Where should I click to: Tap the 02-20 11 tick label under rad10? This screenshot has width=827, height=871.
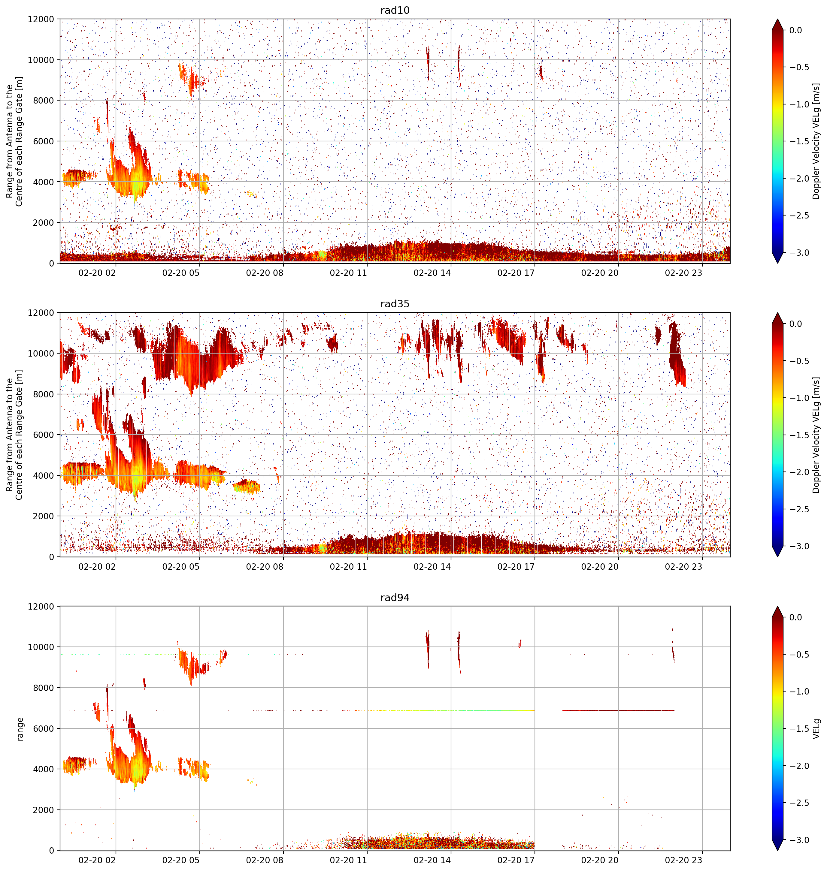pyautogui.click(x=348, y=273)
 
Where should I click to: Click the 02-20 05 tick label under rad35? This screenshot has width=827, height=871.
pyautogui.click(x=181, y=567)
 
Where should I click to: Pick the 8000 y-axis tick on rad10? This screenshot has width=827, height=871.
pyautogui.click(x=43, y=101)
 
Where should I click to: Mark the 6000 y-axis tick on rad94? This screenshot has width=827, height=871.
pyautogui.click(x=43, y=729)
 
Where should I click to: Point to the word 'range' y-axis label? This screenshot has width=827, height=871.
pyautogui.click(x=20, y=729)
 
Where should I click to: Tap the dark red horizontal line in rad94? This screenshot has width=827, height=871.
pyautogui.click(x=619, y=710)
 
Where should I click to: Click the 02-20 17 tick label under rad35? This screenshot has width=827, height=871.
pyautogui.click(x=516, y=567)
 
